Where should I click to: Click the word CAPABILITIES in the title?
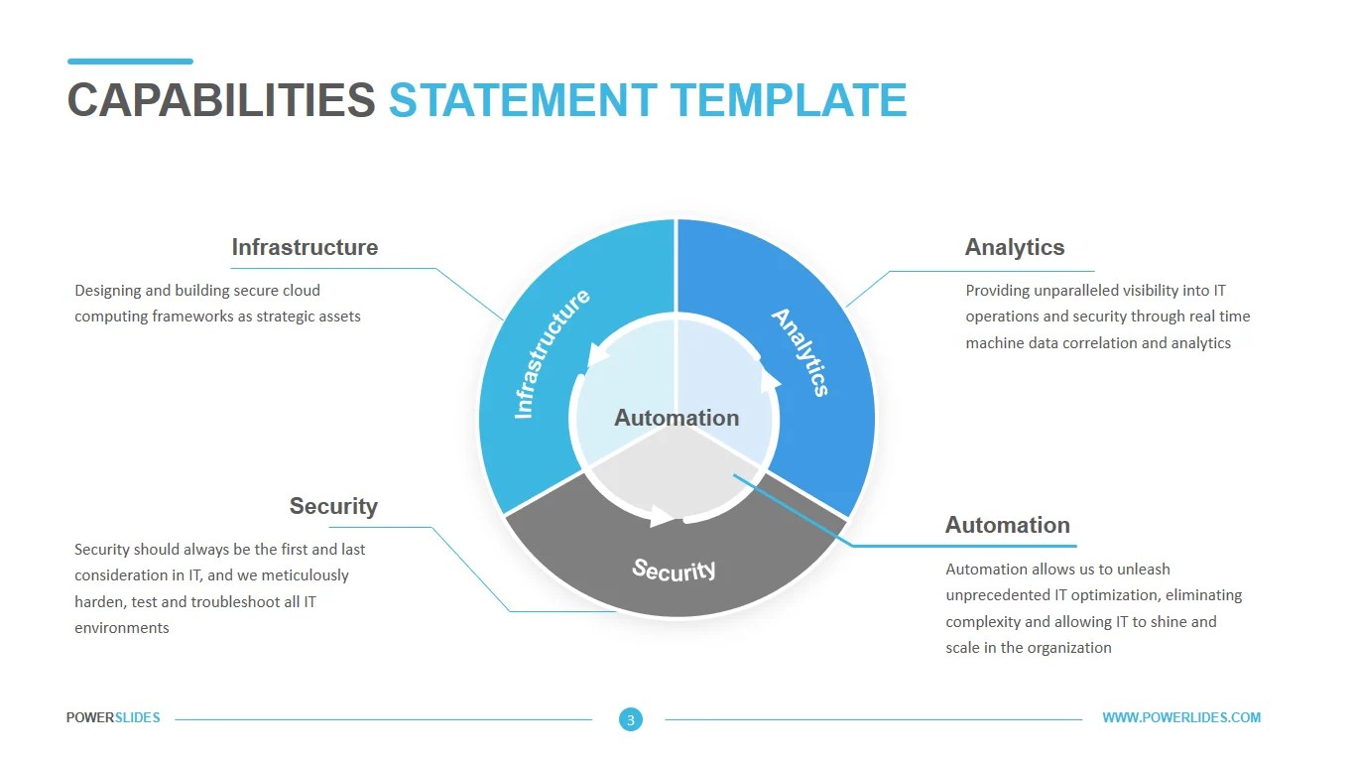click(x=220, y=100)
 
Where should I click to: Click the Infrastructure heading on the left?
click(x=305, y=247)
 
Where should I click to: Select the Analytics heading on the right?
click(x=1014, y=247)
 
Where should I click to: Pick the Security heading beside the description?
click(x=333, y=506)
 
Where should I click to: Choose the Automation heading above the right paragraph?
click(x=1007, y=525)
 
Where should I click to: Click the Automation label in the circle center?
click(x=677, y=418)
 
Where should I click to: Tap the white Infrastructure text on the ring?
click(x=552, y=354)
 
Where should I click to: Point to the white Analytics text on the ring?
click(x=800, y=352)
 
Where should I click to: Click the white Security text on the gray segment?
click(x=675, y=569)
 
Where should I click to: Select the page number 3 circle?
click(x=631, y=719)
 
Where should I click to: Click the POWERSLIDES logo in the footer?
click(x=113, y=718)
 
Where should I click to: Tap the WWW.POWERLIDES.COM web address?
click(x=1181, y=718)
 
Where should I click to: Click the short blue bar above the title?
click(x=130, y=62)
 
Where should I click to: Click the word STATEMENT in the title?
click(x=522, y=100)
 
